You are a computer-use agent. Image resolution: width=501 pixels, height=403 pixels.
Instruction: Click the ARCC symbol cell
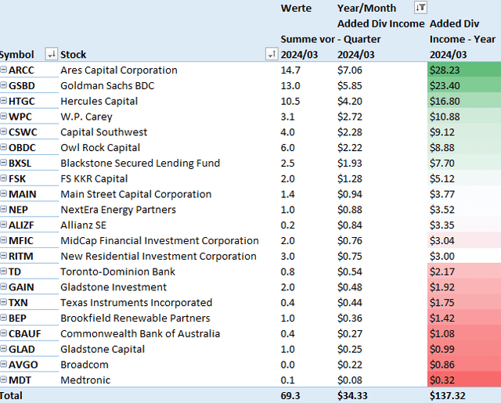(x=22, y=70)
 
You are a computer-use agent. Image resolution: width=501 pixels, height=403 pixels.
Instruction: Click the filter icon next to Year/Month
(x=420, y=8)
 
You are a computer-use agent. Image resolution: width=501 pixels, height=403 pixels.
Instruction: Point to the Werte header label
(x=296, y=8)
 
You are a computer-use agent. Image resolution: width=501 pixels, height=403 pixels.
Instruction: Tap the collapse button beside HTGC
(x=4, y=101)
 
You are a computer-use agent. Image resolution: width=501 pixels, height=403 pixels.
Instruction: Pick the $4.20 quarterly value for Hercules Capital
(x=349, y=101)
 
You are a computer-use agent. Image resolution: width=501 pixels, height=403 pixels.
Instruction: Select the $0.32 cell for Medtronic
(x=445, y=380)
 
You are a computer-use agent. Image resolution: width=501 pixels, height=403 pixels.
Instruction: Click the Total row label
(x=13, y=395)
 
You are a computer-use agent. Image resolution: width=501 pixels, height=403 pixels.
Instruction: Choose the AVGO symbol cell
(x=21, y=364)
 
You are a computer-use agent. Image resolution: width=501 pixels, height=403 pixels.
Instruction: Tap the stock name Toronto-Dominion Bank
(x=117, y=272)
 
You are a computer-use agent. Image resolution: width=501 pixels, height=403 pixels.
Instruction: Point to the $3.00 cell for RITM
(x=445, y=256)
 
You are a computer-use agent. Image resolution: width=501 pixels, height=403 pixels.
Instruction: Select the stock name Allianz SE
(x=85, y=225)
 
